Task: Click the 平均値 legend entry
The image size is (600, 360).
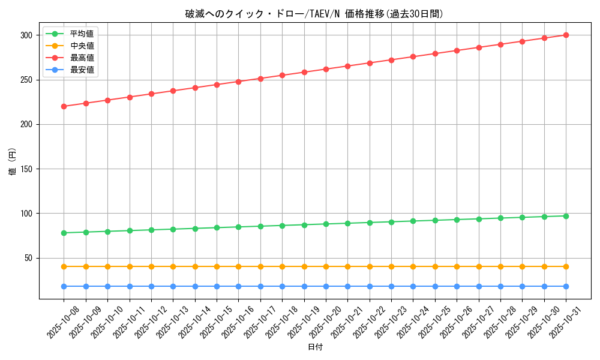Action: (82, 34)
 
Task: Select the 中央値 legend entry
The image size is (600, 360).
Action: (82, 46)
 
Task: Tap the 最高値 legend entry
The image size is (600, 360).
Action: (82, 58)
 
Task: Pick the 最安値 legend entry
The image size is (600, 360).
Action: (82, 70)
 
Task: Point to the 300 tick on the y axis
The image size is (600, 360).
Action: (27, 35)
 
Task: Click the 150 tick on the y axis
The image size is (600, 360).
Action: (27, 169)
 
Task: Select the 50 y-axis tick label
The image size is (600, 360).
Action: (29, 258)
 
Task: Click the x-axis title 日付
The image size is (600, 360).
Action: (315, 347)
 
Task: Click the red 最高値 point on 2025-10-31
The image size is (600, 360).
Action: (566, 35)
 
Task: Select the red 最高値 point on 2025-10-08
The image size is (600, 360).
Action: (64, 106)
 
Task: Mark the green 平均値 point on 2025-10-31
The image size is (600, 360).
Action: (566, 216)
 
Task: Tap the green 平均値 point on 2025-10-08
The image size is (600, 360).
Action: (64, 233)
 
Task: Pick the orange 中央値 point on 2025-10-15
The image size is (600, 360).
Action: (217, 266)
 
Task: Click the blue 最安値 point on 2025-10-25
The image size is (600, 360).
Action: (435, 286)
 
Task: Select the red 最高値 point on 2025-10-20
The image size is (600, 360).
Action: (326, 69)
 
